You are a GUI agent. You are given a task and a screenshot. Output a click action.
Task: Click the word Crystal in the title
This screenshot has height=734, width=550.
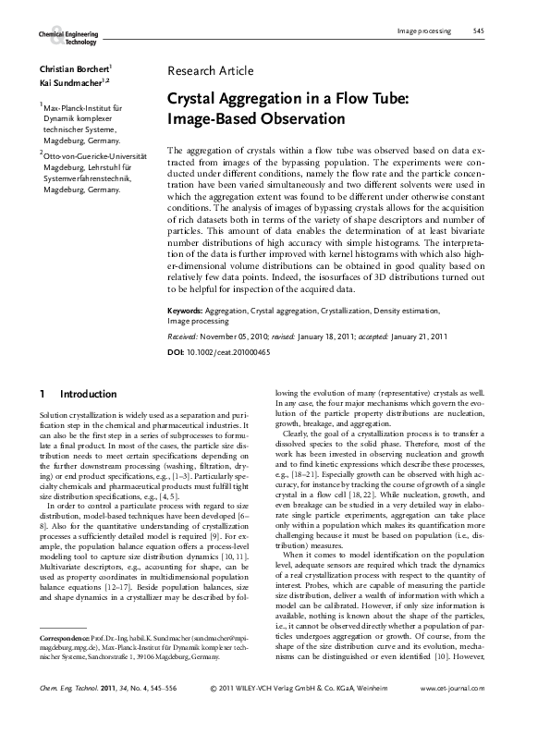pyautogui.click(x=191, y=100)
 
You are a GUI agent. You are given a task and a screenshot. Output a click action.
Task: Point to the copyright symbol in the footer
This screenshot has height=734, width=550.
pyautogui.click(x=214, y=715)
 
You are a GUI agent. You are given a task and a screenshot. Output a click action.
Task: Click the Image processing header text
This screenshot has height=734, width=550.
pyautogui.click(x=423, y=31)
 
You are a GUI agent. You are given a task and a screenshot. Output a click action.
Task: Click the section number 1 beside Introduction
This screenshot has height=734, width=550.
pyautogui.click(x=43, y=394)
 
